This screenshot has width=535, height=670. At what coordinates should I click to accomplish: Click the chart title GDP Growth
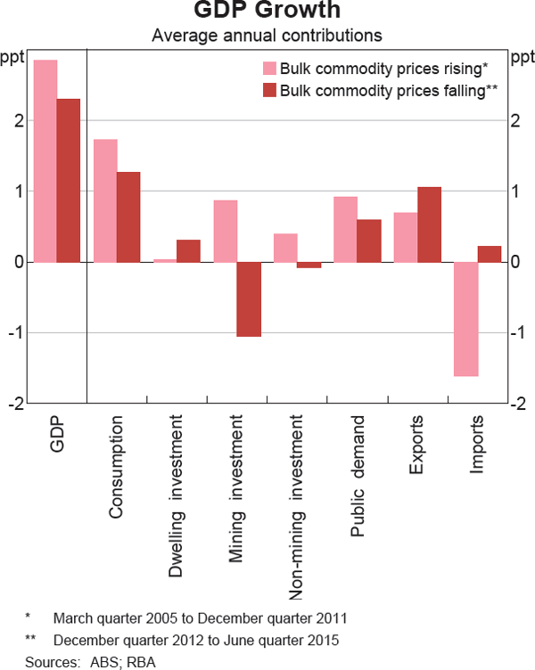point(267,12)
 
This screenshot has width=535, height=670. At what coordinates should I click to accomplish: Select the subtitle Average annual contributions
point(267,37)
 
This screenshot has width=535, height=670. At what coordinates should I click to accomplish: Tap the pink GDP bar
point(45,160)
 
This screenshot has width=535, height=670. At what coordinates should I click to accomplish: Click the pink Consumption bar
point(105,200)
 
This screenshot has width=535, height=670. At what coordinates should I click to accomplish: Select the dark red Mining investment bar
point(248,299)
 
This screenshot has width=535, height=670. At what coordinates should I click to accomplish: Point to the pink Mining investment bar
point(225,231)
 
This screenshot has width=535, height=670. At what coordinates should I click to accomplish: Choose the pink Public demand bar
point(344,229)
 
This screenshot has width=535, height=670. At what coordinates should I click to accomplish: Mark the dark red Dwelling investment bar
point(188,250)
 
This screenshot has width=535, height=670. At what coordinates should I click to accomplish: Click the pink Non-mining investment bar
point(284,248)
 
